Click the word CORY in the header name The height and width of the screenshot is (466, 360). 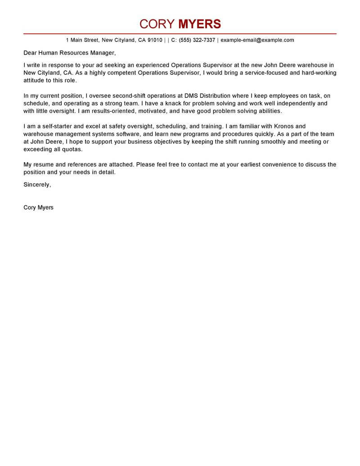tap(157, 24)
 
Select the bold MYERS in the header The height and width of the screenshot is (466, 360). tap(200, 24)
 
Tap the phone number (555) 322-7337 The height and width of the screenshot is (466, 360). tap(197, 40)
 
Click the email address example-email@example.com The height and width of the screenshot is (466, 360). tap(257, 40)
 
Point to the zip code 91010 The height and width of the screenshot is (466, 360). tap(154, 40)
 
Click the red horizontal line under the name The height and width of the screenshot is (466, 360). tap(180, 34)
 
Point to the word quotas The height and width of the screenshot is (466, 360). tap(72, 149)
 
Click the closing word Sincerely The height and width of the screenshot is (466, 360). tap(37, 185)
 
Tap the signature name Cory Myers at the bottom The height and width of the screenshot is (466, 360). tap(38, 208)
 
